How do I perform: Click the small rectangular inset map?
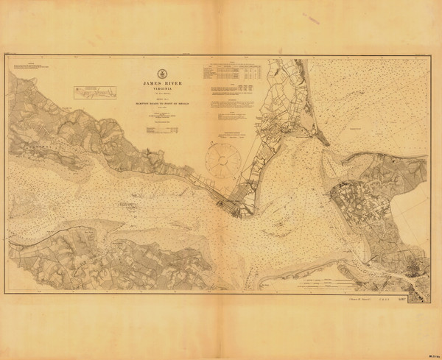tap(95, 92)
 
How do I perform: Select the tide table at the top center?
tap(232, 74)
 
